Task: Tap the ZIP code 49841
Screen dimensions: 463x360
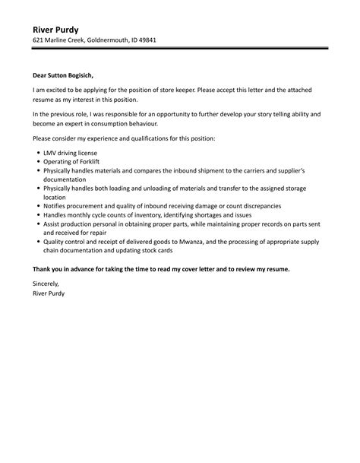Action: tap(166, 42)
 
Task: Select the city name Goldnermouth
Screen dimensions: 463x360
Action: tap(118, 42)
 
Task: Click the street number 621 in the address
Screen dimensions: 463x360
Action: tap(38, 42)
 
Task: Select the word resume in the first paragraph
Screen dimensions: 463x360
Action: tap(46, 100)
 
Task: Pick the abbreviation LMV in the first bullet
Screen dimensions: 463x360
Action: tap(52, 154)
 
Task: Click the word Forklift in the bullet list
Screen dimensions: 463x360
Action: tap(90, 163)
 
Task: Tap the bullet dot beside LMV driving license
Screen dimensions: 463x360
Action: tap(38, 154)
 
